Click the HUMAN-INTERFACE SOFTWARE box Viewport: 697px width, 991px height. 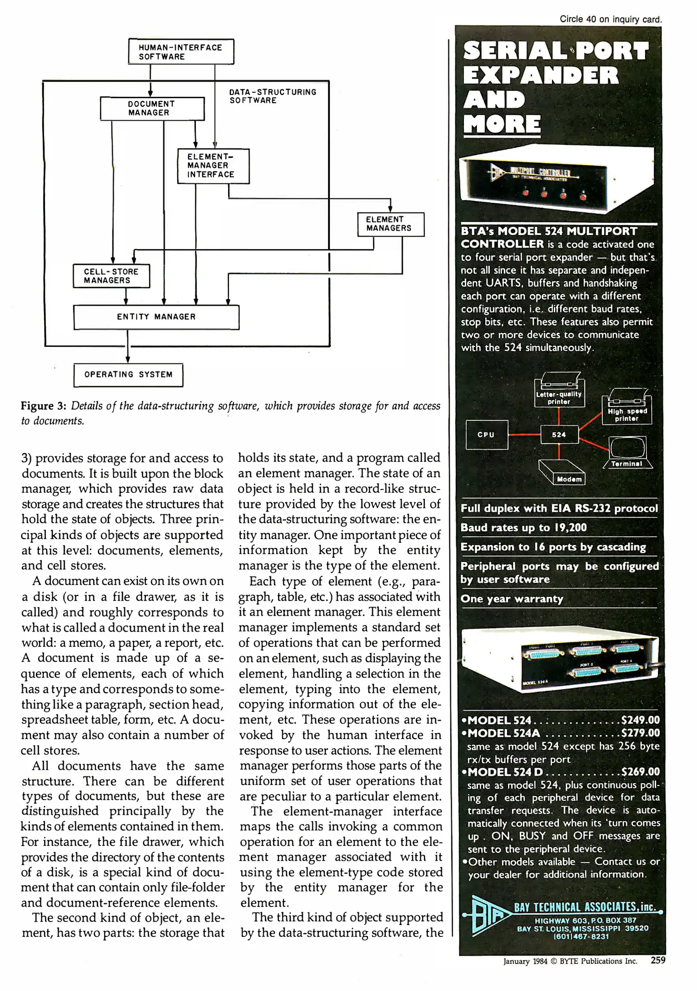181,52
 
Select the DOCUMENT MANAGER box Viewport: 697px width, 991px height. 152,109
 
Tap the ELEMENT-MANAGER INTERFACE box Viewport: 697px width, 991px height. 213,166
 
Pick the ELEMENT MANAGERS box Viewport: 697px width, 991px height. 390,224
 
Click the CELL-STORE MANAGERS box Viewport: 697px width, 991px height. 111,276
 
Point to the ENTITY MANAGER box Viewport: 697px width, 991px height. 156,317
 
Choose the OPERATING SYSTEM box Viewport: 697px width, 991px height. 128,375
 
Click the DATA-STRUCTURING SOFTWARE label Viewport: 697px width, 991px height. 273,96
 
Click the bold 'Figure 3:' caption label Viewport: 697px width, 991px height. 44,406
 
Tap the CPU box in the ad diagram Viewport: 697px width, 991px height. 486,435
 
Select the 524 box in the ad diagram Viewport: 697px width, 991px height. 559,435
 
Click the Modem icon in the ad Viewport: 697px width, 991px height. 563,473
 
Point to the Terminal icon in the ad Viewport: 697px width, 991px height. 627,452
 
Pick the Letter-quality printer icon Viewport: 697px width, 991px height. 559,390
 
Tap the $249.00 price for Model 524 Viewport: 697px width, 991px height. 640,720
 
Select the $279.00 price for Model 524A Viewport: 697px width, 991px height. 640,733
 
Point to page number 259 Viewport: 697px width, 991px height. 658,960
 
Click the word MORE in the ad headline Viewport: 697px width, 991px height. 502,124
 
